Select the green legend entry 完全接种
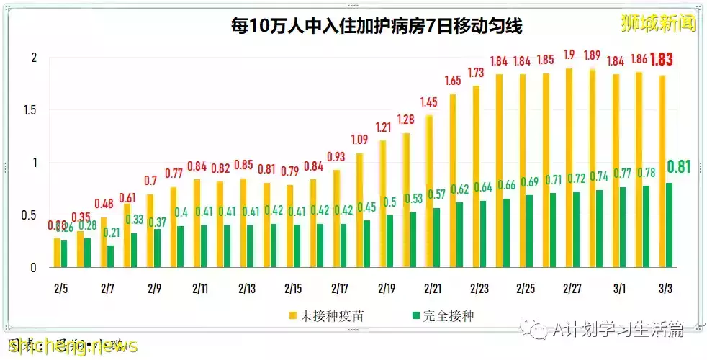tap(441, 315)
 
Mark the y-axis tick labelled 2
tap(32, 58)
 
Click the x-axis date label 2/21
tap(433, 288)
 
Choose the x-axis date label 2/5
tap(61, 288)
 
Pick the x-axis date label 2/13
tap(247, 288)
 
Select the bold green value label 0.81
tap(679, 167)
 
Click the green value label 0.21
tap(111, 232)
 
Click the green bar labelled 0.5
tap(389, 241)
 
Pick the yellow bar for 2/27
tap(569, 168)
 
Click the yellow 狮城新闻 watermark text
tap(659, 23)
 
